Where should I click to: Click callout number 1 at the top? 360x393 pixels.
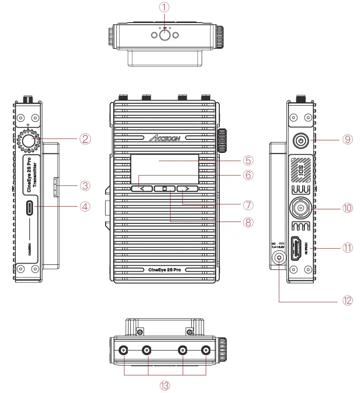click(164, 8)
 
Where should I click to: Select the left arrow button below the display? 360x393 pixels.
click(142, 189)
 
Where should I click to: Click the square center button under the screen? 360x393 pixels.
click(165, 189)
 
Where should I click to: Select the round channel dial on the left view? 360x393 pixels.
click(28, 140)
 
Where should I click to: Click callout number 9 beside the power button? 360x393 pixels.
click(346, 139)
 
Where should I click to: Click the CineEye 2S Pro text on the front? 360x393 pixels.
click(165, 269)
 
